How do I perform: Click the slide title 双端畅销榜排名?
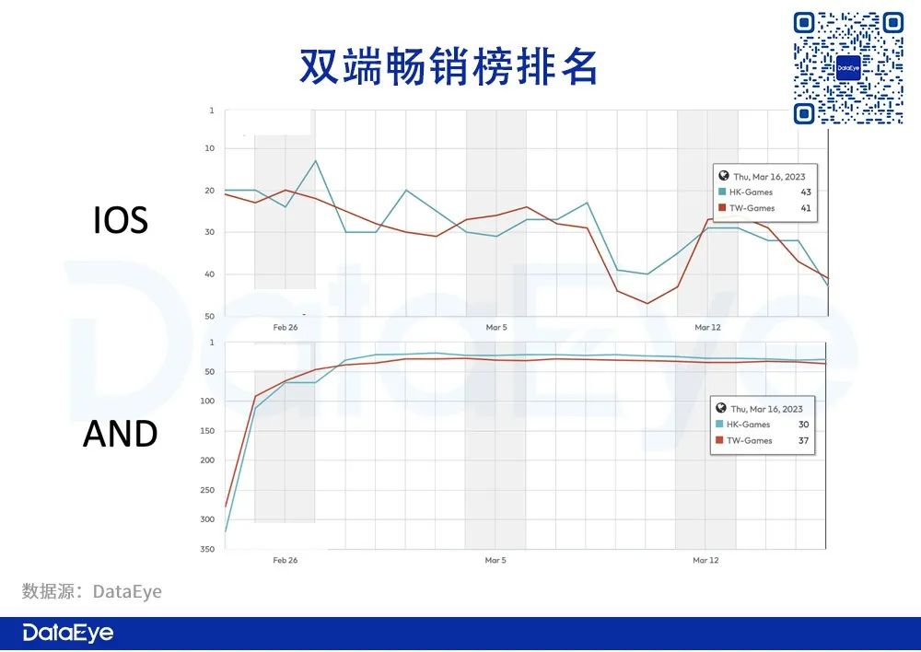(x=449, y=67)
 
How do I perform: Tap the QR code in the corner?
(x=848, y=68)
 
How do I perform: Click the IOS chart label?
(x=121, y=220)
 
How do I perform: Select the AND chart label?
(x=121, y=434)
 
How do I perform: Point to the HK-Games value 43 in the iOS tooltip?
(x=805, y=192)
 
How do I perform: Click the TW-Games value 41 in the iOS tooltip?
(x=805, y=208)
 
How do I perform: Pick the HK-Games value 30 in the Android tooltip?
(x=803, y=425)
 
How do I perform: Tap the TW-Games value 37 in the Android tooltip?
(x=803, y=440)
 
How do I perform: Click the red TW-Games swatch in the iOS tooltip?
(x=722, y=208)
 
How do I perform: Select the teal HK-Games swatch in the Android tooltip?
(x=719, y=425)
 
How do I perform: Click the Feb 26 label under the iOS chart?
(x=286, y=327)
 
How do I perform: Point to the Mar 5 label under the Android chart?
(x=495, y=560)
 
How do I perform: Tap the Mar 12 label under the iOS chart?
(x=707, y=327)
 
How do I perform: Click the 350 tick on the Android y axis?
(x=207, y=549)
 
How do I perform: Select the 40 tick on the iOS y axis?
(x=210, y=274)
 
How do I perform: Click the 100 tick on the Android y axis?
(x=207, y=402)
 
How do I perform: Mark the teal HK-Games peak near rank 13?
(x=315, y=160)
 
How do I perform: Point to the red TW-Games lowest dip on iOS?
(x=647, y=303)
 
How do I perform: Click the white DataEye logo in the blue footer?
(x=68, y=633)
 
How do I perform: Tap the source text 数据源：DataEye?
(x=91, y=591)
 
